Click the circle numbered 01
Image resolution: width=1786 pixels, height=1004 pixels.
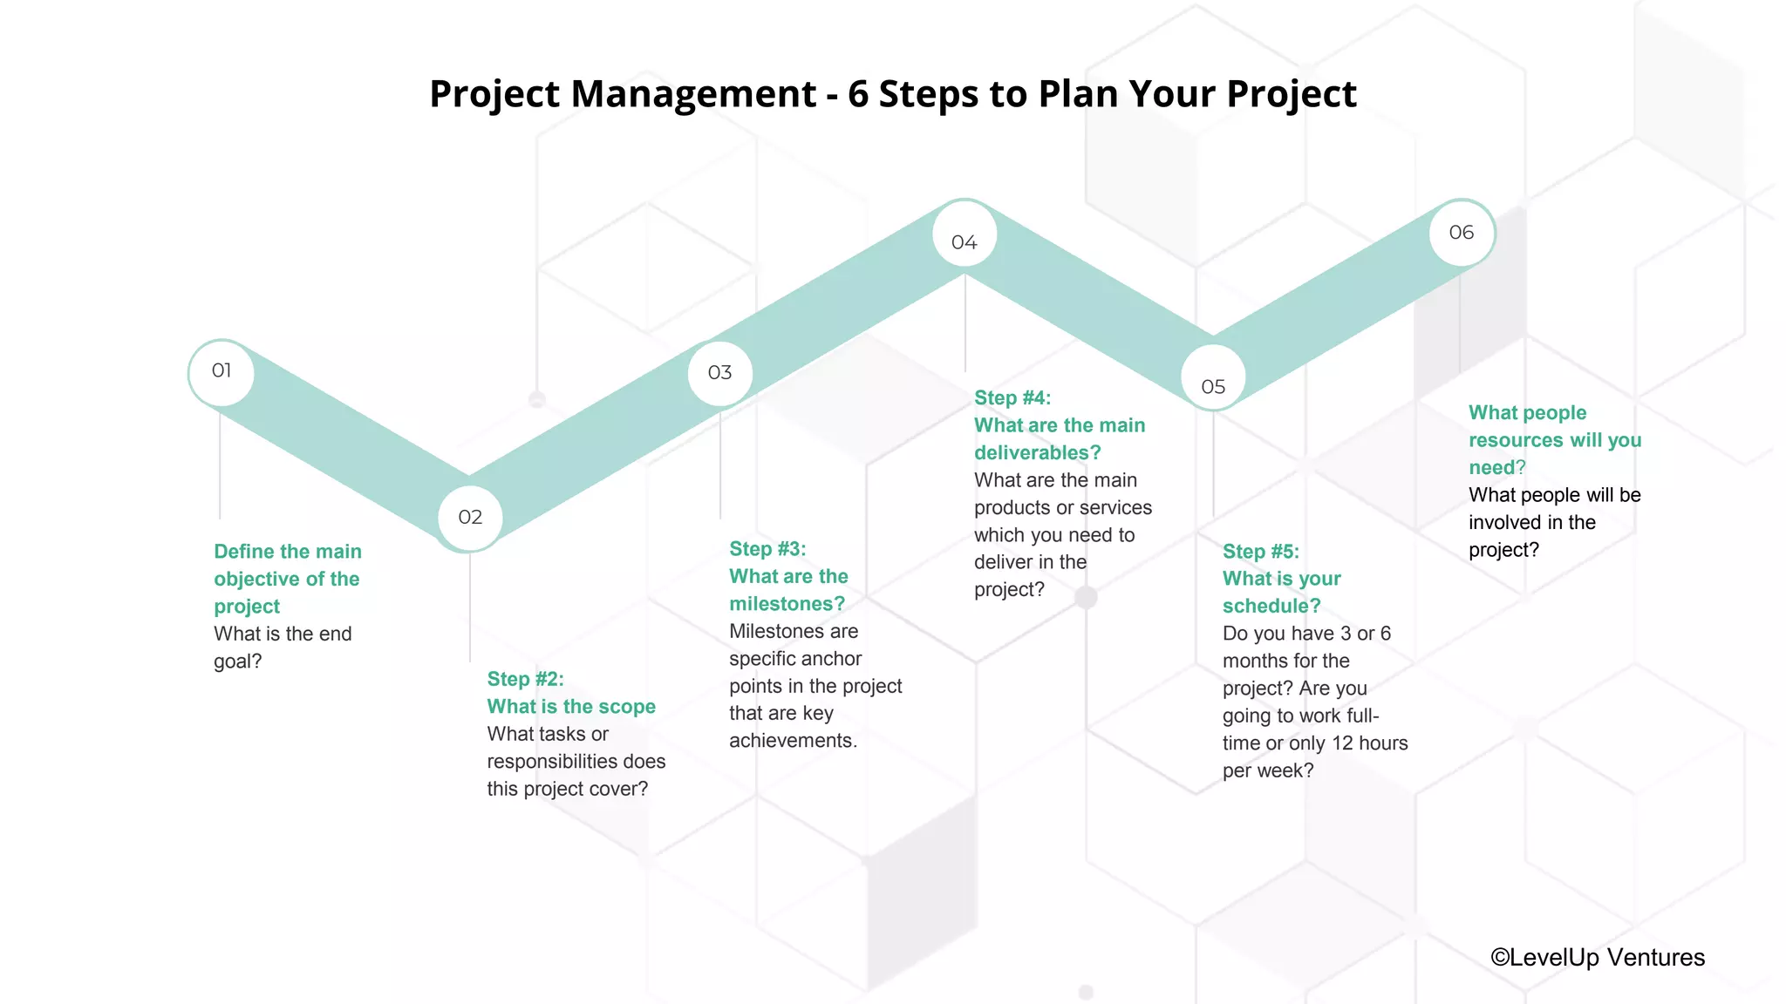222,372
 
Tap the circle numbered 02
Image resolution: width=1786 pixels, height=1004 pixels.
470,518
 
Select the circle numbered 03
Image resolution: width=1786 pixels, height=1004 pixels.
719,373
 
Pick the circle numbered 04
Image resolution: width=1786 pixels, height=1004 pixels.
964,242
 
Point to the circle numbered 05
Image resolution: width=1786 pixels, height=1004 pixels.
1213,385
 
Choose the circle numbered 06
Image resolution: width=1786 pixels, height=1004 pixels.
1462,233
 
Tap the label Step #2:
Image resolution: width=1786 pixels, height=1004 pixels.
525,679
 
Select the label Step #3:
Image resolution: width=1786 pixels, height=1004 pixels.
767,549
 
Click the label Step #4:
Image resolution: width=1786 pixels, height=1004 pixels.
1012,398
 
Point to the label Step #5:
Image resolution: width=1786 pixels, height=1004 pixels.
1261,552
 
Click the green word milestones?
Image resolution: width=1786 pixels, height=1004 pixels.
787,604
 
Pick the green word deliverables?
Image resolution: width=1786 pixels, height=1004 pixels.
1038,453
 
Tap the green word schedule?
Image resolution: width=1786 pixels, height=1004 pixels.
1271,606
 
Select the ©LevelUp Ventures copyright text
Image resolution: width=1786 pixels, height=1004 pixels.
1597,957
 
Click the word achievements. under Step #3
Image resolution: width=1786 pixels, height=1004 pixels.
793,741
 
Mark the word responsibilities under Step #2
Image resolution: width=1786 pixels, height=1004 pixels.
554,762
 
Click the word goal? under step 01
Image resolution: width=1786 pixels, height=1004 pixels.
237,661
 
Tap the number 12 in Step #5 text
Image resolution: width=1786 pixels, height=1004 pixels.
1342,743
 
